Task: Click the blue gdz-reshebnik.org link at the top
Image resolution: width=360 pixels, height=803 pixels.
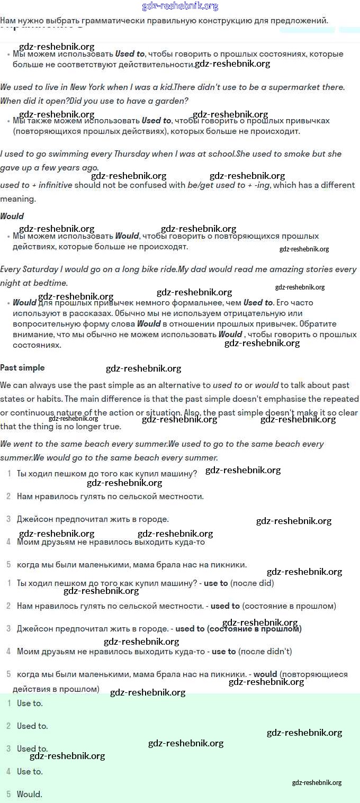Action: point(180,6)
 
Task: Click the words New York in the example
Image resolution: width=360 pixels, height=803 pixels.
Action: point(87,87)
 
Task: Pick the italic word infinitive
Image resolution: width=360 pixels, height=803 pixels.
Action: point(55,185)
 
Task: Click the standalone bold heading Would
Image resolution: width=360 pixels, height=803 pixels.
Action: point(12,216)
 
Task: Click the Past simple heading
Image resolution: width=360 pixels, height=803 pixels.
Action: point(22,368)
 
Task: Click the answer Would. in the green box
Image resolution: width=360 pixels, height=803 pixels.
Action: point(30,794)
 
